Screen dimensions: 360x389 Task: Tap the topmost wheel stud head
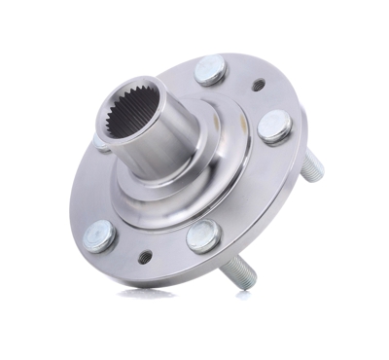pos(211,70)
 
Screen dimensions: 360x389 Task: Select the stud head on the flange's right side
pos(276,126)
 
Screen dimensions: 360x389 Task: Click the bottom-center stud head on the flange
pos(202,234)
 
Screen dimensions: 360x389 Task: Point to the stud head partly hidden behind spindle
pos(101,143)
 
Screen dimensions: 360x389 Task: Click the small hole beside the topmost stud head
pos(257,85)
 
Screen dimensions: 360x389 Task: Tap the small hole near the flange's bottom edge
pos(144,257)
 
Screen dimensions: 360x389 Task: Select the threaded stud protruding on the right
pos(309,167)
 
